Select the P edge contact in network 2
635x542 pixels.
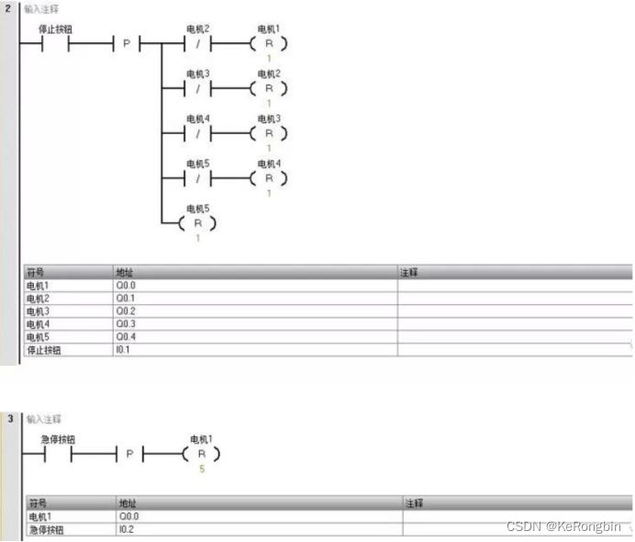(127, 43)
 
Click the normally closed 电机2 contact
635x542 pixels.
(198, 43)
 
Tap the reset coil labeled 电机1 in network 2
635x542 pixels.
(269, 43)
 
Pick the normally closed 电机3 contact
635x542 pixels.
(198, 88)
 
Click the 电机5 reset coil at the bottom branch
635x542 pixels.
(198, 223)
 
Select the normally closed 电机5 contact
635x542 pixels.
(198, 177)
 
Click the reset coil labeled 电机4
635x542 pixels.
(269, 177)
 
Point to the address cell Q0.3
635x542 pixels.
(126, 324)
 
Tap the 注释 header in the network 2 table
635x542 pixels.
(409, 273)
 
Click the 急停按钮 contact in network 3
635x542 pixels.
(58, 454)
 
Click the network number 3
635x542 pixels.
(9, 419)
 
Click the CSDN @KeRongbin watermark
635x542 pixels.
(564, 527)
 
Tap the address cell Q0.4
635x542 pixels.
(126, 337)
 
